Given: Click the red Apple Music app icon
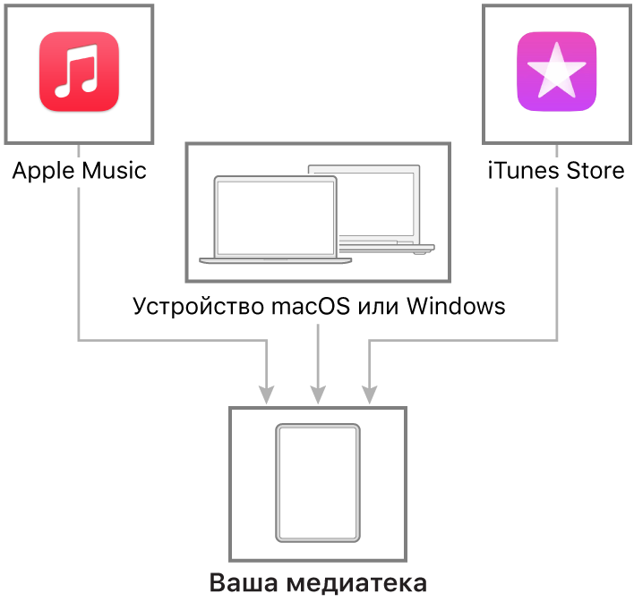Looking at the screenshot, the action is coord(79,71).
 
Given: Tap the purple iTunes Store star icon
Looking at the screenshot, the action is coord(557,71).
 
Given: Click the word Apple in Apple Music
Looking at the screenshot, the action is coord(44,172).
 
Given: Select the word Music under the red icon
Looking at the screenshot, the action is coord(114,171).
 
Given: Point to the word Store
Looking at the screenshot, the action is coord(595,171).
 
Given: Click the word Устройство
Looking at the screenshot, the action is coord(199,307).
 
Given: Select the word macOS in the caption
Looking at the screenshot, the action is coord(311,306).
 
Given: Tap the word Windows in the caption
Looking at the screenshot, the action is coord(456,306).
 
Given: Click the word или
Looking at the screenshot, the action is coord(378,308).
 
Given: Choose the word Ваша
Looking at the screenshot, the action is coord(244,583).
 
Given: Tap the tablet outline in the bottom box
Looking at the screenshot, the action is coord(318,483).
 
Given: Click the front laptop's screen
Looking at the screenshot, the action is coord(276,217).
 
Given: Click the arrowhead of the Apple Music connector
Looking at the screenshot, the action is coord(267,394).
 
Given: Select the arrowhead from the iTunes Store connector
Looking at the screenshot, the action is coord(370,394).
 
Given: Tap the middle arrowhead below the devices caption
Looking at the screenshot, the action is coord(318,394).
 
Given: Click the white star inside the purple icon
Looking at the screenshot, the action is coord(557,71).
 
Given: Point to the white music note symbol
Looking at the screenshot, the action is coord(77,71).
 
